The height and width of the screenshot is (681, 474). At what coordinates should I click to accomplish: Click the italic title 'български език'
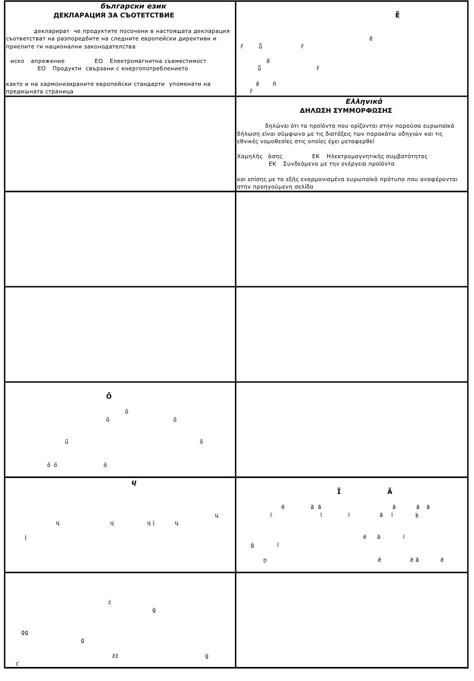coord(133,6)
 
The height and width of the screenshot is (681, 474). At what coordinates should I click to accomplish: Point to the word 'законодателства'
coord(111,47)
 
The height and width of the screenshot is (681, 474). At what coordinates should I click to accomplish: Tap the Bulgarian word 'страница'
coord(59,92)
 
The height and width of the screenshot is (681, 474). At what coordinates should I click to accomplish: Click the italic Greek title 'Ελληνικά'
coord(364,102)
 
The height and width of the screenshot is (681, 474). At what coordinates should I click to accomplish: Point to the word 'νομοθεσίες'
coord(276,142)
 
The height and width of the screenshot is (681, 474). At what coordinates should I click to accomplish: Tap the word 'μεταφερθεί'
coord(358,142)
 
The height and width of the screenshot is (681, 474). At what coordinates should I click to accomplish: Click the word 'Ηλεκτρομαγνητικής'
coord(355,157)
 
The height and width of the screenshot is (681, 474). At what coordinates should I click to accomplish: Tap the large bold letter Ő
coord(109,397)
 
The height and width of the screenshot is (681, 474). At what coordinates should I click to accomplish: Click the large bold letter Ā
coord(390,492)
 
